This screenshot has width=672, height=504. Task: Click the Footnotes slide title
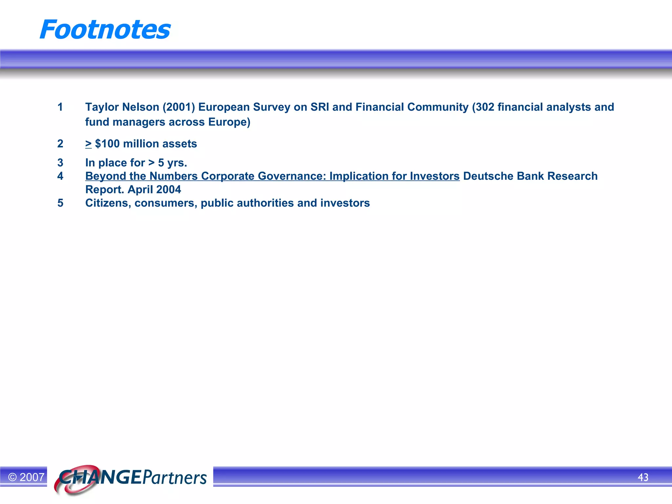[105, 30]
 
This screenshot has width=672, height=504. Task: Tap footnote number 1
[60, 107]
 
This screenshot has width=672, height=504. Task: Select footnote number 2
[60, 144]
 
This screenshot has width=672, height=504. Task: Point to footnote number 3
[60, 163]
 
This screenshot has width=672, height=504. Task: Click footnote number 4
[60, 176]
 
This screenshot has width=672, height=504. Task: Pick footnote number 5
[60, 203]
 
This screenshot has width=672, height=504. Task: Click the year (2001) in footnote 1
[179, 107]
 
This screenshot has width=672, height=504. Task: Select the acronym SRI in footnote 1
[320, 107]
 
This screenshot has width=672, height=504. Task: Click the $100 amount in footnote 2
[107, 144]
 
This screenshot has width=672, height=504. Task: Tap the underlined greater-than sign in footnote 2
[88, 144]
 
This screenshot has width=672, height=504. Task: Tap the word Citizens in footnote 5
[108, 203]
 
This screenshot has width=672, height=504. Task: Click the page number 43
[643, 477]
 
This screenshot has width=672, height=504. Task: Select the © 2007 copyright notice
[26, 477]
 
